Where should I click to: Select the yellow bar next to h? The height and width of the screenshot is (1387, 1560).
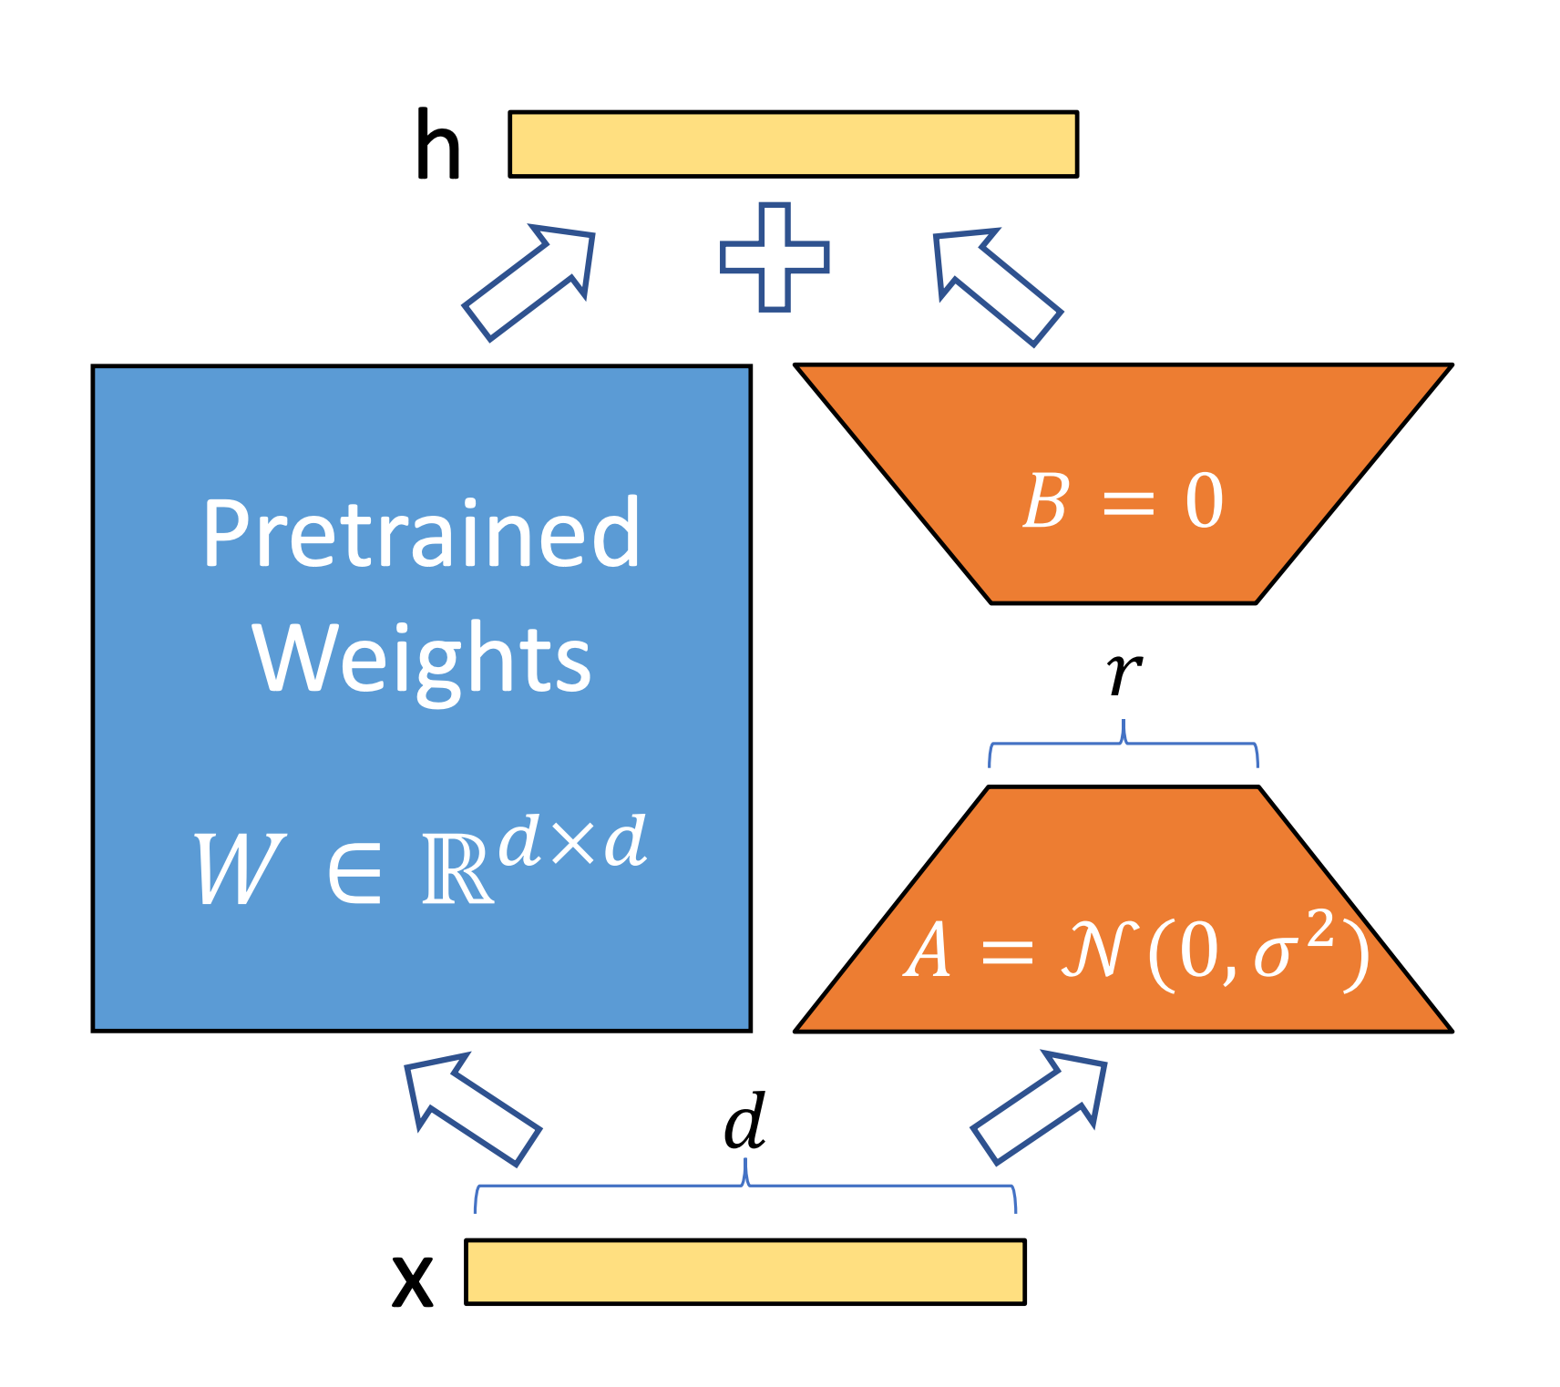(793, 144)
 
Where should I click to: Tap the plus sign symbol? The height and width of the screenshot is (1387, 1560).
(775, 257)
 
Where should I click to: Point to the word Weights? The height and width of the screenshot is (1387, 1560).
(421, 658)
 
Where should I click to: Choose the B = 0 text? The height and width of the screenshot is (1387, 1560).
(1123, 500)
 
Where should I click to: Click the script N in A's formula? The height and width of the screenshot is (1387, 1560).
(1099, 950)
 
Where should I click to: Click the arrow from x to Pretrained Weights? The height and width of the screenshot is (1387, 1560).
(471, 1106)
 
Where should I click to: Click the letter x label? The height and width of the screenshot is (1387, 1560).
(412, 1279)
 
